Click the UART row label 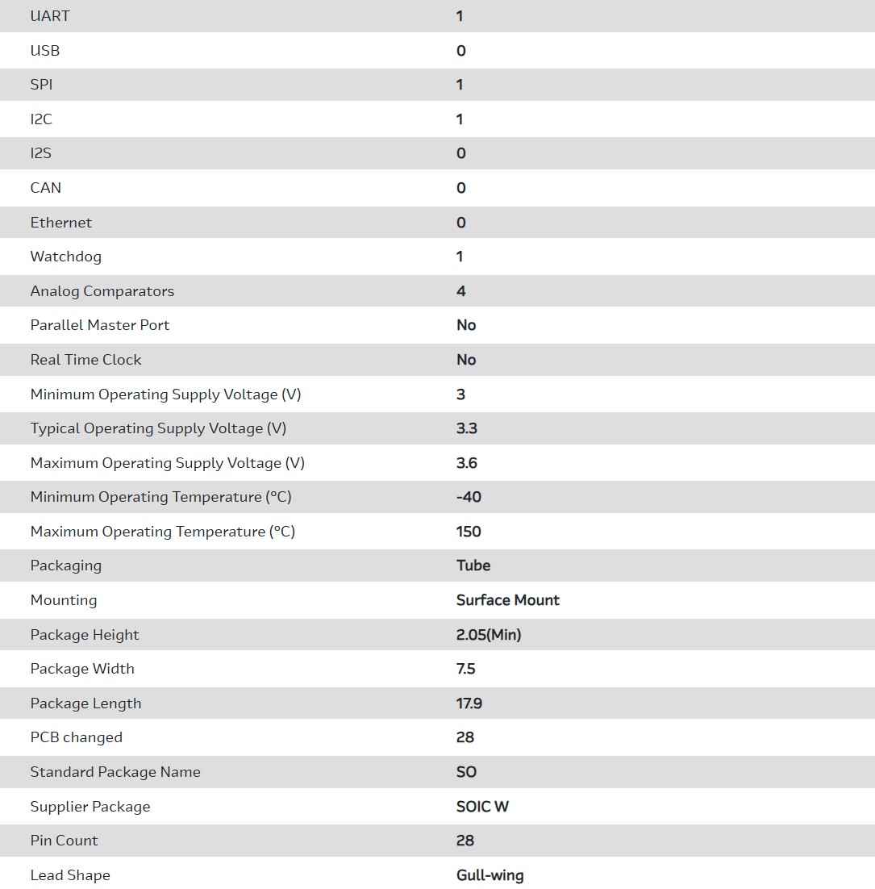[50, 16]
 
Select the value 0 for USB [461, 51]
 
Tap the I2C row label [41, 119]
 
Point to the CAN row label [46, 188]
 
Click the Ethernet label [61, 223]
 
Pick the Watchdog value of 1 [460, 257]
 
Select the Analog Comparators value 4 [461, 291]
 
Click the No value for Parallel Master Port [466, 325]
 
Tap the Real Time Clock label [86, 360]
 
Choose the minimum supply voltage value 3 [461, 394]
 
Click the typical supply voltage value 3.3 [467, 428]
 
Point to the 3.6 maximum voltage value [467, 463]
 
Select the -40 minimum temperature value [469, 497]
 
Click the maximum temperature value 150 [469, 532]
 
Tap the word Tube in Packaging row [473, 566]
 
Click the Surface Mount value [508, 600]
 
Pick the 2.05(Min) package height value [489, 635]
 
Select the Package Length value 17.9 [469, 703]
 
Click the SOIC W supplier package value [482, 807]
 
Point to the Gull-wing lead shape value [490, 875]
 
